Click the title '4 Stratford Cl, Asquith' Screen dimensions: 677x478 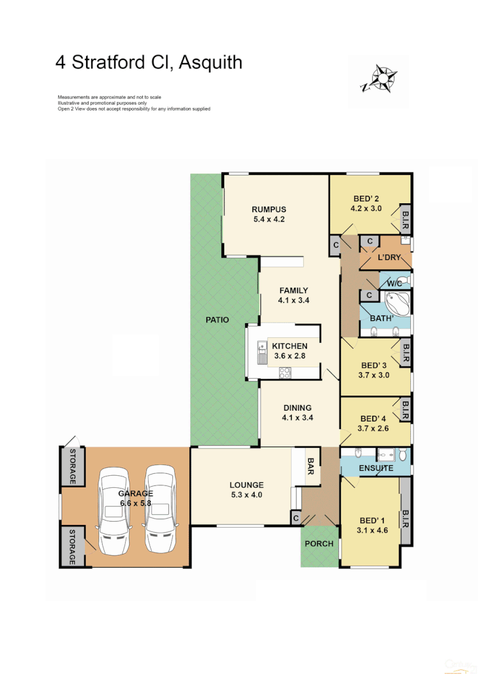point(149,63)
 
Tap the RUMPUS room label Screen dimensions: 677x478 point(268,209)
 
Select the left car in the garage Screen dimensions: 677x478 point(113,509)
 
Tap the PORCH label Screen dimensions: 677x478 point(319,544)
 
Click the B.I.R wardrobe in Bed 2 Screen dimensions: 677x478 point(405,220)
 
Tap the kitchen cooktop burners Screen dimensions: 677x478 point(285,373)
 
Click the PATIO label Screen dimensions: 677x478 point(217,320)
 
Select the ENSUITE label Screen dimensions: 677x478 point(375,468)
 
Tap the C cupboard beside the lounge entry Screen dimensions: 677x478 point(295,519)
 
